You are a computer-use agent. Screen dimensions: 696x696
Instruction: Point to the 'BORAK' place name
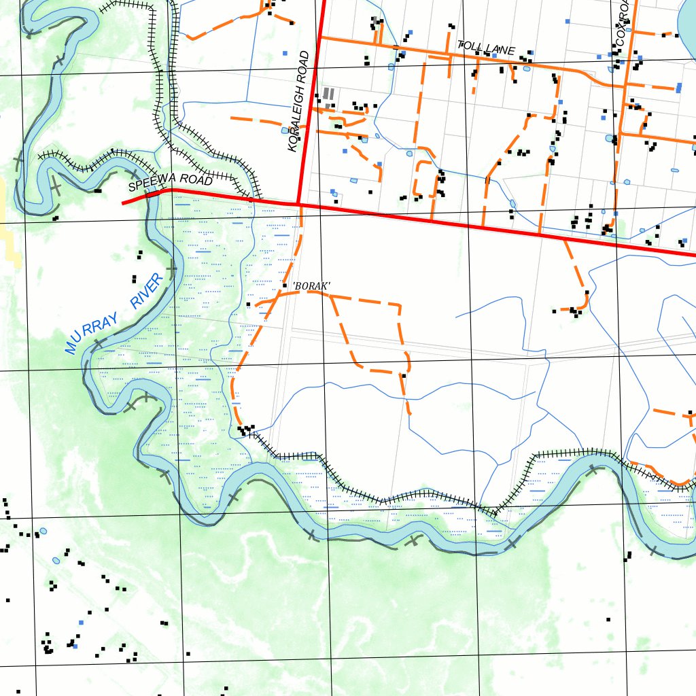click(311, 286)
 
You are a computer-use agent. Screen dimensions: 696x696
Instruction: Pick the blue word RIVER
click(147, 290)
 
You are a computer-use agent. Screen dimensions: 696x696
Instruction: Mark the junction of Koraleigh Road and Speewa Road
click(298, 203)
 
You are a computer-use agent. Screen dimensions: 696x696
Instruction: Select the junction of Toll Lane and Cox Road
click(625, 85)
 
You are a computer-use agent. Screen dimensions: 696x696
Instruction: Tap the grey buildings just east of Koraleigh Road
click(328, 94)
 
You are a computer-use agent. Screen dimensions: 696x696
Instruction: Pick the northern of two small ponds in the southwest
click(43, 531)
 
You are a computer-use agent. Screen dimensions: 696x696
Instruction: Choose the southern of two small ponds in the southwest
click(56, 561)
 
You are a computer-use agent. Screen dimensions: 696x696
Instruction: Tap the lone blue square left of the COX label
click(568, 21)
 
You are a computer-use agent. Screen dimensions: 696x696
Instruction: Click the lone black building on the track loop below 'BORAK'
click(404, 375)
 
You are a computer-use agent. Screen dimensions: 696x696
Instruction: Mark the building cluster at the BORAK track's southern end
click(245, 430)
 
